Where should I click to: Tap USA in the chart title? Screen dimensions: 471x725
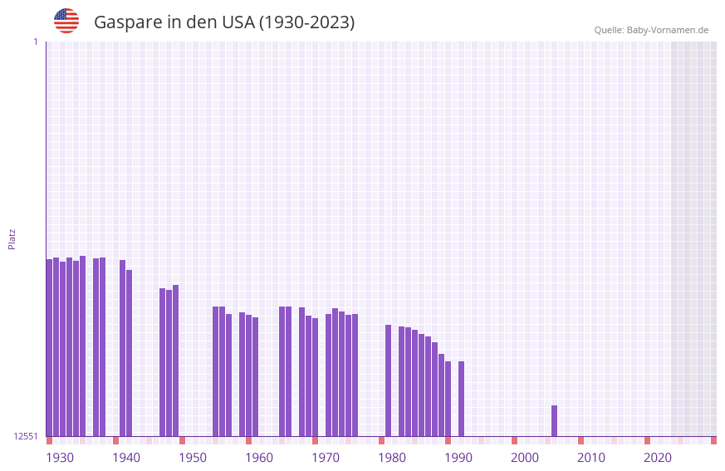tap(238, 22)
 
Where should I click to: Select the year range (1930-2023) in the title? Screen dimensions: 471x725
tap(307, 22)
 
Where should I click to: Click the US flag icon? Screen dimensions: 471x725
tap(66, 21)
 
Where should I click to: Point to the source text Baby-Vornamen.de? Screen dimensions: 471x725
tap(667, 30)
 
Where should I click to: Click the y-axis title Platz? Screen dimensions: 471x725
tap(12, 238)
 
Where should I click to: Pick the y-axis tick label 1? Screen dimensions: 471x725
tap(35, 42)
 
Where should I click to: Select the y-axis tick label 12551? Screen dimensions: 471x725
tap(26, 436)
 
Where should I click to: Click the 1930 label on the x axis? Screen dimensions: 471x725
tap(60, 458)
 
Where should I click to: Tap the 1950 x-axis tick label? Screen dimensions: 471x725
tap(193, 458)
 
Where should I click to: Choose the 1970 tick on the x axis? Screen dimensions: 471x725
tap(326, 458)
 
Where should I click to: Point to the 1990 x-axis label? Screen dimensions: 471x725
tap(458, 458)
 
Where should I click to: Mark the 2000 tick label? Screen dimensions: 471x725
tap(525, 458)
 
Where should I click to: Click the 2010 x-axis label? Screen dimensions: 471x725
tap(591, 458)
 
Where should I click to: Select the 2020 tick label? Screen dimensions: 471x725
tap(658, 458)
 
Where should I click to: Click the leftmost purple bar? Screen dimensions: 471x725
tap(49, 349)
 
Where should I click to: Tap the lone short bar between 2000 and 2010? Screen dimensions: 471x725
tap(554, 421)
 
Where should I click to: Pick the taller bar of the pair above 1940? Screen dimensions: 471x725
tap(122, 349)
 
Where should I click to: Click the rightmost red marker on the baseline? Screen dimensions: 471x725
tap(713, 440)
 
